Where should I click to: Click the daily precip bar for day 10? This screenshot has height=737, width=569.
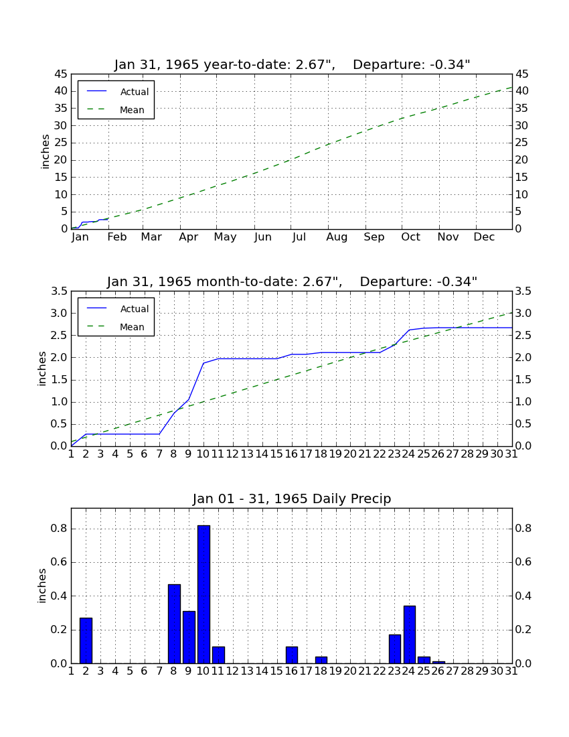(204, 594)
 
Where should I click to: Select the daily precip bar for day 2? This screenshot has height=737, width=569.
(86, 641)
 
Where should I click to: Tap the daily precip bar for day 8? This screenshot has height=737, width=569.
(174, 624)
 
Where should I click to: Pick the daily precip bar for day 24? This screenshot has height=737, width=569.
(410, 634)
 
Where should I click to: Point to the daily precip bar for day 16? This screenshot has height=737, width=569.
(292, 655)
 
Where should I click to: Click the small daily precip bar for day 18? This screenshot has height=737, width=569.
(321, 660)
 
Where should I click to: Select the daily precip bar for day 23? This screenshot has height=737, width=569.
(395, 649)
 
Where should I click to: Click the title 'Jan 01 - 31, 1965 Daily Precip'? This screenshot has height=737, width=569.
(292, 498)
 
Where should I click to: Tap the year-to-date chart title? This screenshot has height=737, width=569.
(292, 64)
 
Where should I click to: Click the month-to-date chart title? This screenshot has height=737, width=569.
(292, 281)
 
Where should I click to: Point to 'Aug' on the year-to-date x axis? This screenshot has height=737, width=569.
(337, 237)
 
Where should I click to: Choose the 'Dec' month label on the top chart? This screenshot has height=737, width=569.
(484, 237)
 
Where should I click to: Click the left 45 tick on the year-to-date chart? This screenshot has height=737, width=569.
(61, 74)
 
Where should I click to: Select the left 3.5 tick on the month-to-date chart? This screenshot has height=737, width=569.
(59, 291)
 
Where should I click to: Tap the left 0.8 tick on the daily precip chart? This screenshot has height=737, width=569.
(59, 529)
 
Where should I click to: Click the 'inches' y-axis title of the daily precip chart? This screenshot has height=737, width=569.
(42, 586)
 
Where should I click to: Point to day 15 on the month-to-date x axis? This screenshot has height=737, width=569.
(276, 454)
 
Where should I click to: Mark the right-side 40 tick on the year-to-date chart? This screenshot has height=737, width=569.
(522, 90)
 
